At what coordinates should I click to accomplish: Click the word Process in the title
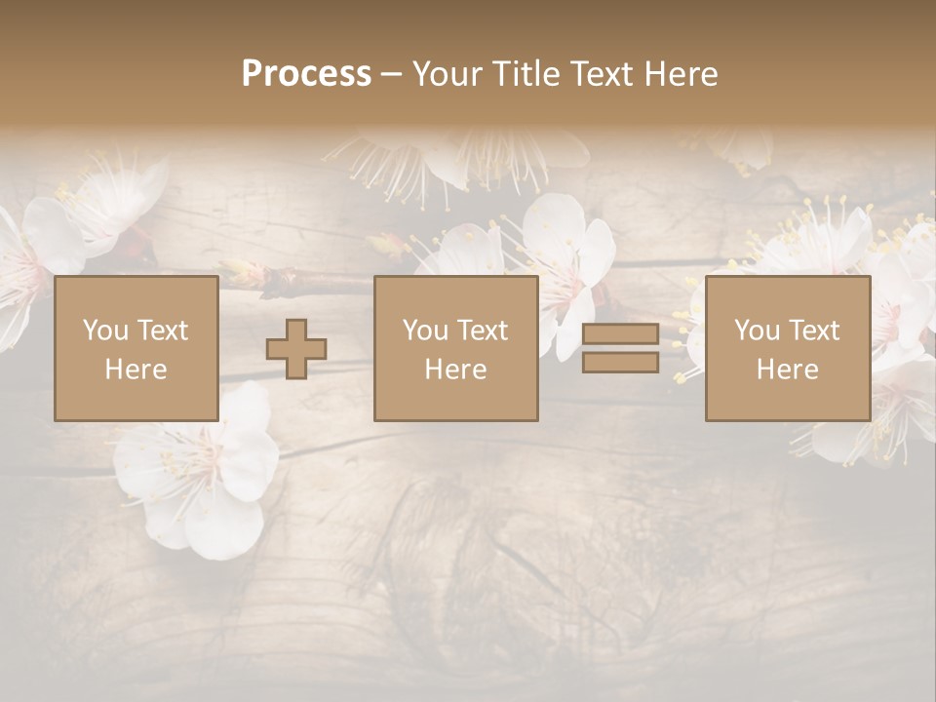pyautogui.click(x=306, y=74)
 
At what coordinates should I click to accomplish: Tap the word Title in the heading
pyautogui.click(x=526, y=74)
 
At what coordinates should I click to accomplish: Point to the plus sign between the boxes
pyautogui.click(x=296, y=349)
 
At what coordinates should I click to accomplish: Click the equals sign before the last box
pyautogui.click(x=620, y=349)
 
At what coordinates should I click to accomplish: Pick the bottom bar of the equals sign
pyautogui.click(x=620, y=363)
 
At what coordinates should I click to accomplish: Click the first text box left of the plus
pyautogui.click(x=136, y=348)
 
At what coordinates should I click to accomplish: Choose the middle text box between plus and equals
pyautogui.click(x=455, y=348)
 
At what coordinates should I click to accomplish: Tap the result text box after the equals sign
pyautogui.click(x=787, y=348)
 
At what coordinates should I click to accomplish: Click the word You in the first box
pyautogui.click(x=105, y=331)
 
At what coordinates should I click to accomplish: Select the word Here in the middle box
pyautogui.click(x=455, y=370)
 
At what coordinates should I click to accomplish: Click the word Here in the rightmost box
pyautogui.click(x=787, y=370)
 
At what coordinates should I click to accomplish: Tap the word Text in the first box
pyautogui.click(x=162, y=331)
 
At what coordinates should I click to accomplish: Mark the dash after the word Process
pyautogui.click(x=390, y=74)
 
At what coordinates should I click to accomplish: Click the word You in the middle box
pyautogui.click(x=425, y=331)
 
